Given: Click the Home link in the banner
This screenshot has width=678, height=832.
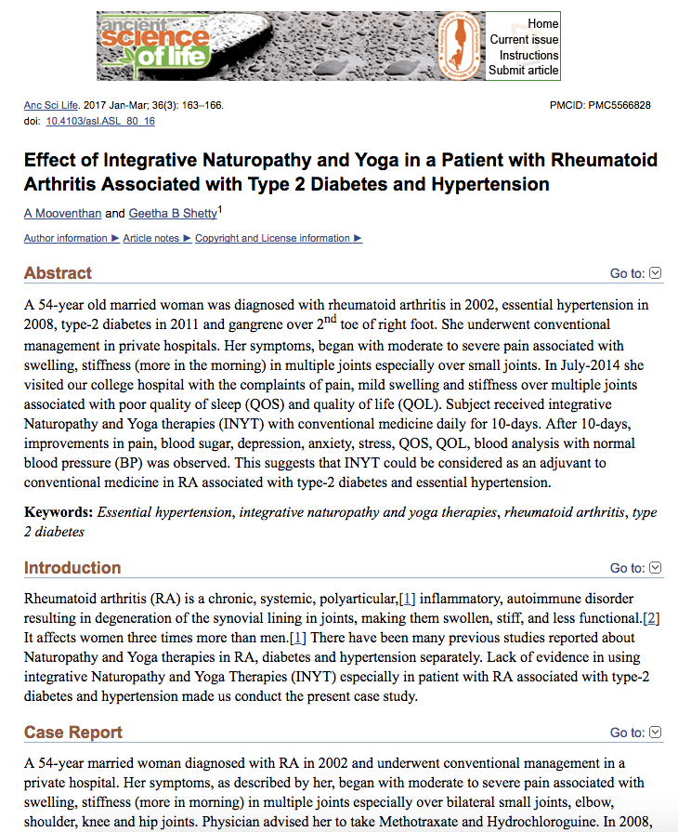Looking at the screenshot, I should pyautogui.click(x=542, y=23).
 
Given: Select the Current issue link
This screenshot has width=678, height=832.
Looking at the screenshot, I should pyautogui.click(x=524, y=39).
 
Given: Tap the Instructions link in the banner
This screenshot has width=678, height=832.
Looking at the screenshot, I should pyautogui.click(x=528, y=55).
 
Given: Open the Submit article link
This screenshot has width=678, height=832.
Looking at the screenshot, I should pyautogui.click(x=524, y=71).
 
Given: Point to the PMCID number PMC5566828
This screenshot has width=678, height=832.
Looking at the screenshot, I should pyautogui.click(x=619, y=106).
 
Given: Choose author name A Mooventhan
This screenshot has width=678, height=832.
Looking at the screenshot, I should pyautogui.click(x=62, y=214).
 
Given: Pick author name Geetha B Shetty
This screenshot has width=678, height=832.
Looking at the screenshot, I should pyautogui.click(x=172, y=214).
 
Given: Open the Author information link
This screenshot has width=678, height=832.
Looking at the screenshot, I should pyautogui.click(x=66, y=239).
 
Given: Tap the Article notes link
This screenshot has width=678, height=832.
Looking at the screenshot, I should pyautogui.click(x=151, y=239).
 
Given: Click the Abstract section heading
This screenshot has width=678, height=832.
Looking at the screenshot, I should pyautogui.click(x=58, y=273).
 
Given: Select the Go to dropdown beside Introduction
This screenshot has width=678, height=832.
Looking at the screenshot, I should pyautogui.click(x=635, y=568).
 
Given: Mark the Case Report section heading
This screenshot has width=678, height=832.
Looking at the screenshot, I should pyautogui.click(x=73, y=733).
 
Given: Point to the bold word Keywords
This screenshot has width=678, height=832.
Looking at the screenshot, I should pyautogui.click(x=58, y=512).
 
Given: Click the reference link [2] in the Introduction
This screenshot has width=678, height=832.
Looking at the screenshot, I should pyautogui.click(x=652, y=619).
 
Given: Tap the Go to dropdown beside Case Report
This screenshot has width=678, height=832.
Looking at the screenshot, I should pyautogui.click(x=635, y=733).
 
